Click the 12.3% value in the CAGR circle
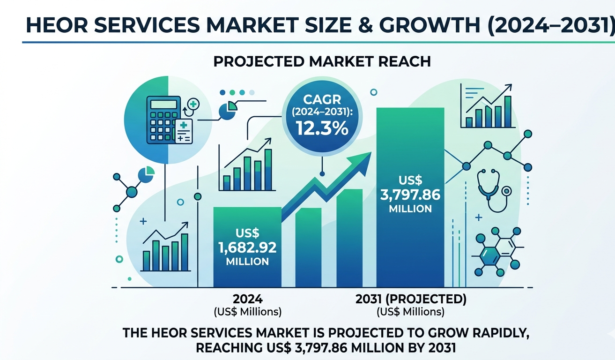(x=322, y=128)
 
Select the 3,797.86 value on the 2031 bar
(x=410, y=195)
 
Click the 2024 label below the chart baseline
(x=248, y=299)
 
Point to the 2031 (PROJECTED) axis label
(x=411, y=299)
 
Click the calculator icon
(x=163, y=120)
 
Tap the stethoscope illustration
(x=494, y=190)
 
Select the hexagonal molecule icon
(x=497, y=251)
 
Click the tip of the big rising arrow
(x=371, y=152)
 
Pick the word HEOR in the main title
(x=57, y=25)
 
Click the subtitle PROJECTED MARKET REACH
(x=322, y=61)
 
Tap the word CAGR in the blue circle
(x=322, y=99)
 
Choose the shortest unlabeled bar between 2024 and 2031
(x=308, y=247)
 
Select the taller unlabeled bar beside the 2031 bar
(x=349, y=238)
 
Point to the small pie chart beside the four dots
(x=228, y=111)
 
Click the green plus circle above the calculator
(x=193, y=104)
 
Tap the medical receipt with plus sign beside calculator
(x=184, y=131)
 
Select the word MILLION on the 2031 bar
(x=410, y=209)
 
